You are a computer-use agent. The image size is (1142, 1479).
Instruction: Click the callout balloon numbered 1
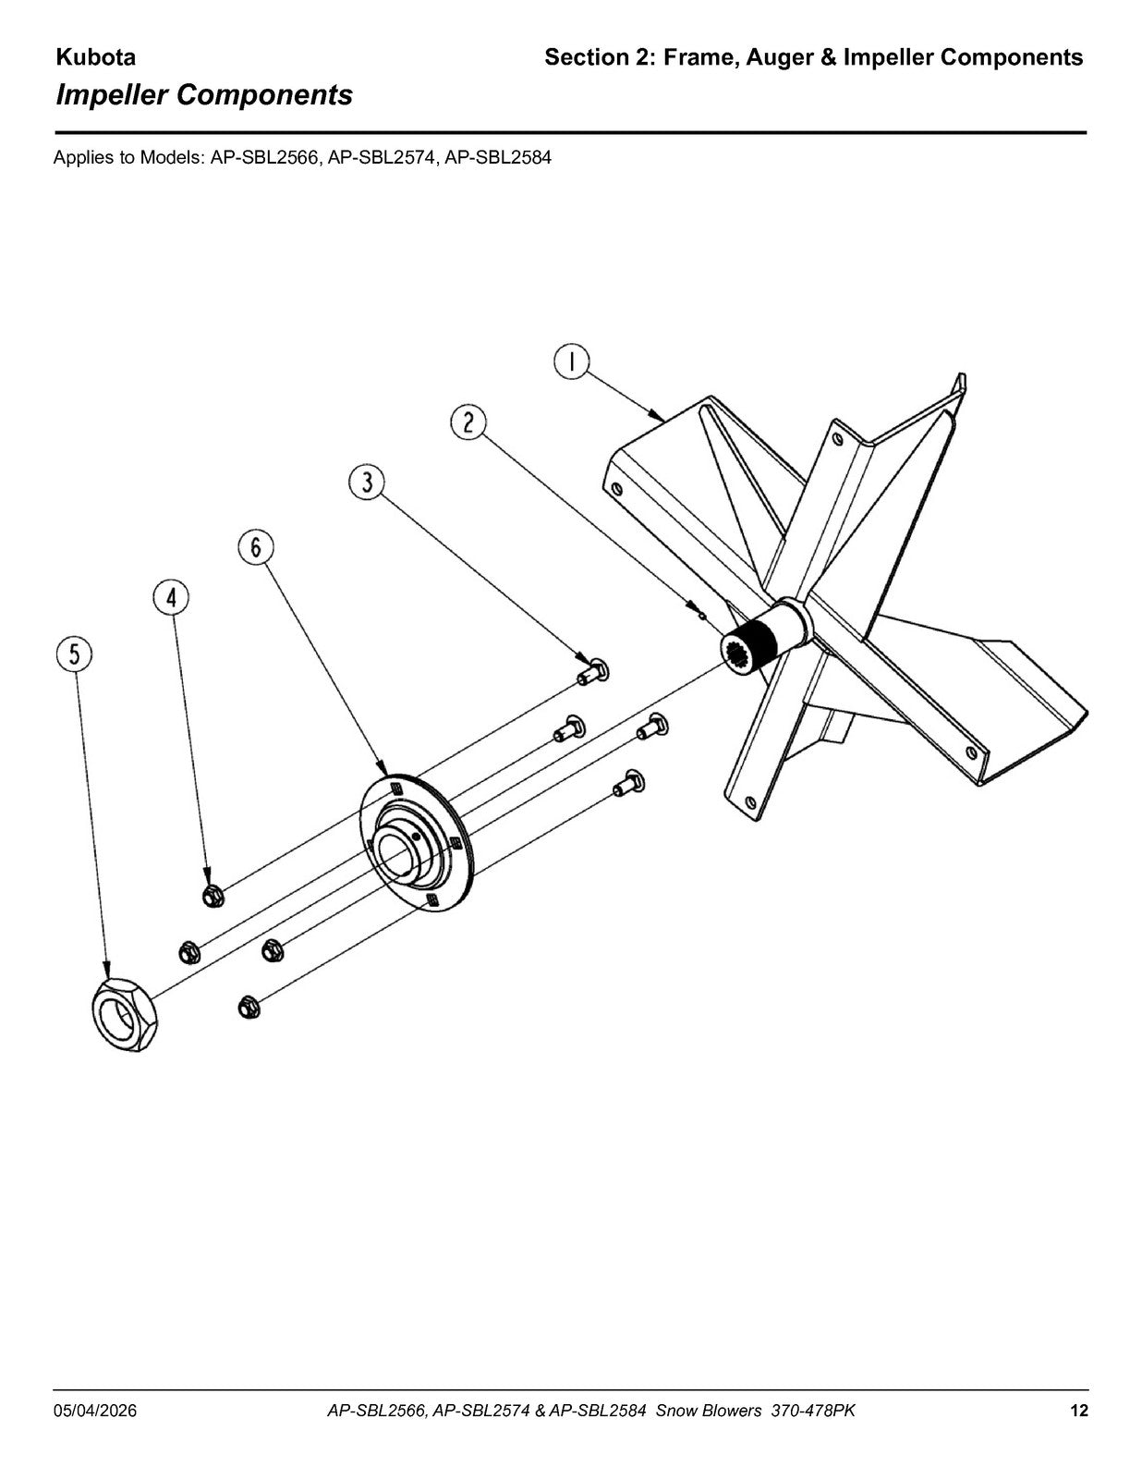571,362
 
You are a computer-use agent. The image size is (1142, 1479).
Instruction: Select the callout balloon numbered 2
468,422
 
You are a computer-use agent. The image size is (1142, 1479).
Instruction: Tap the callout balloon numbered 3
367,483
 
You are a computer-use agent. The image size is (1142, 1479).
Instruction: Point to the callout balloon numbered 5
74,654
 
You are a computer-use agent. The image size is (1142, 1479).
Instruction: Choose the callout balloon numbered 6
256,547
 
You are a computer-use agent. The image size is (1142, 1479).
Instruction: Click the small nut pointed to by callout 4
213,896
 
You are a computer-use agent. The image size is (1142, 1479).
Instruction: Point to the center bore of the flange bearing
395,853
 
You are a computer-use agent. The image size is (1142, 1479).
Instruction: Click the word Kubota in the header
95,58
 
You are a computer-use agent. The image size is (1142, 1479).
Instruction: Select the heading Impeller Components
204,95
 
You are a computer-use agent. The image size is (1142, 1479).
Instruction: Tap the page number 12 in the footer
1079,1411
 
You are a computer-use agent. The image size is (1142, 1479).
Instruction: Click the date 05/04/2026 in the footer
95,1411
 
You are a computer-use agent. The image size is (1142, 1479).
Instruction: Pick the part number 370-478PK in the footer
813,1411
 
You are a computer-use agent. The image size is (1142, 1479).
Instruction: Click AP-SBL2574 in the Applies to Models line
382,158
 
